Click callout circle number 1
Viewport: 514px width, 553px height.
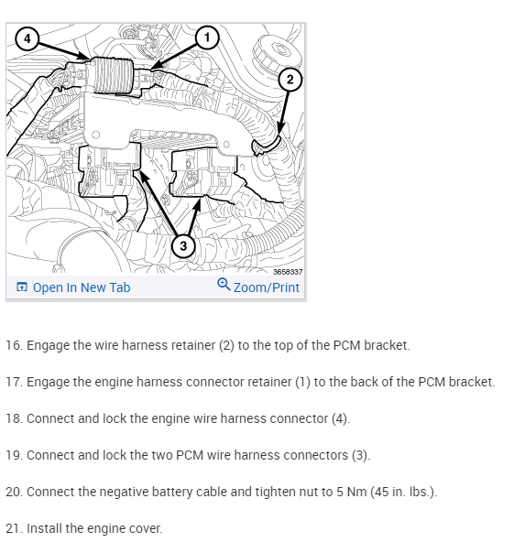[207, 37]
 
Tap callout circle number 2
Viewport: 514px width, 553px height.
[290, 80]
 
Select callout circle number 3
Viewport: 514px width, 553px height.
[183, 245]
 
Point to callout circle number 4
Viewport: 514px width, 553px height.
[27, 38]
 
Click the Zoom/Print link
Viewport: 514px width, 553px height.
[267, 287]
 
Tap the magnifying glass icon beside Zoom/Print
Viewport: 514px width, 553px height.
[224, 284]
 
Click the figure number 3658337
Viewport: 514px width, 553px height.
[288, 272]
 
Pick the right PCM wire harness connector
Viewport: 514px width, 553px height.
[203, 172]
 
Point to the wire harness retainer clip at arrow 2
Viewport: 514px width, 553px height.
[267, 145]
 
